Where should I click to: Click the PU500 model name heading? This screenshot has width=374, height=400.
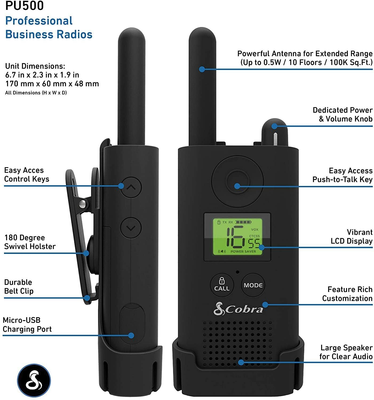click(24, 6)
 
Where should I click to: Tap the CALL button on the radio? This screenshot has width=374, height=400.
click(222, 285)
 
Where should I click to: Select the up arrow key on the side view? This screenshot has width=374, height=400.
click(131, 187)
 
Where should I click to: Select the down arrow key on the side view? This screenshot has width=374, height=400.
click(131, 228)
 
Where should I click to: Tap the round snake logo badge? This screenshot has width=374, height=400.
click(34, 380)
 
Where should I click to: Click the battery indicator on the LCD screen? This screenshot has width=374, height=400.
click(244, 222)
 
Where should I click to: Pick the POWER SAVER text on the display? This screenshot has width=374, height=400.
click(243, 251)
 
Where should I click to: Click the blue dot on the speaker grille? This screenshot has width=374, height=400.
click(241, 362)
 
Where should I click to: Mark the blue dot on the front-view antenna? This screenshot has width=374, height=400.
click(202, 69)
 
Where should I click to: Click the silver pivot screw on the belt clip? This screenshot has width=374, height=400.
click(82, 204)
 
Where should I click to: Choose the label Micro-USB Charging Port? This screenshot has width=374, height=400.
click(27, 324)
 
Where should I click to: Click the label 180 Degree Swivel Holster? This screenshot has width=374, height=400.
click(30, 242)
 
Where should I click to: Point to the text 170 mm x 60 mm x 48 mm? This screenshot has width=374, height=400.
click(52, 83)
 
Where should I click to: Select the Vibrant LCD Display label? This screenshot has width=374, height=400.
click(351, 237)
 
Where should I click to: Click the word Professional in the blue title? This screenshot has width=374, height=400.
click(39, 21)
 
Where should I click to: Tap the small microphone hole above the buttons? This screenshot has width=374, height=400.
click(238, 272)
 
